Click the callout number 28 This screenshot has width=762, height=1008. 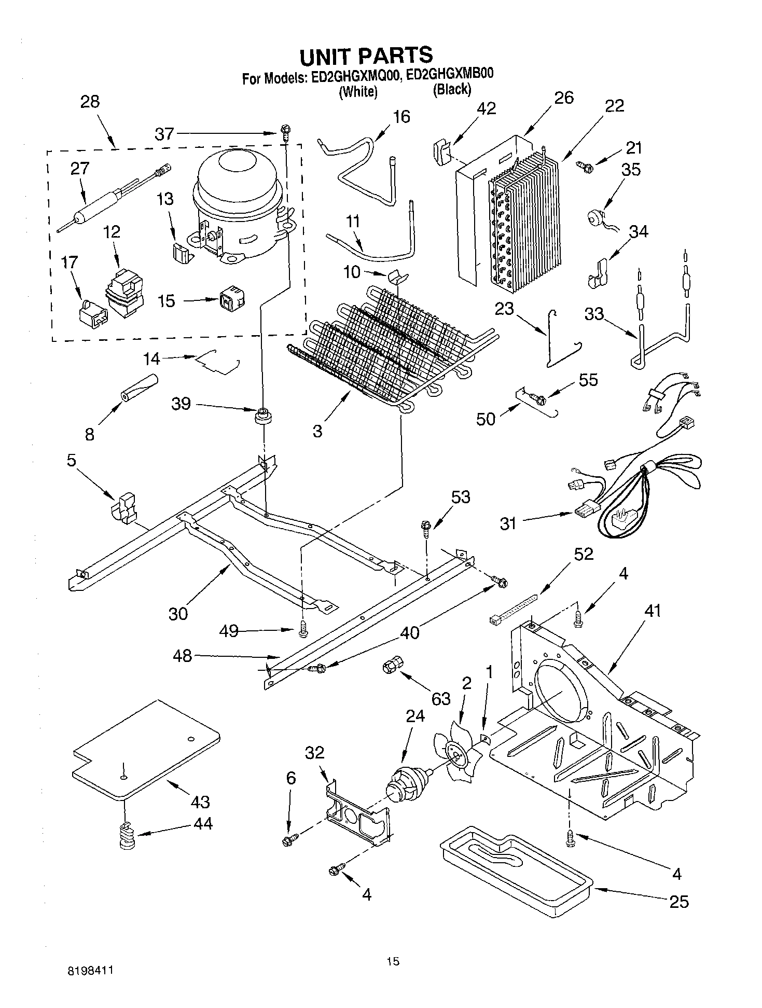[x=90, y=101]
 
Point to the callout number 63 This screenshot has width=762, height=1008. [x=441, y=699]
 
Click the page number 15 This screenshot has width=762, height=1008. [x=393, y=961]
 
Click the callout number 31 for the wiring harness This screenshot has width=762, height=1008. [x=508, y=523]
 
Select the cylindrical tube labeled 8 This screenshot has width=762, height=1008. [x=138, y=388]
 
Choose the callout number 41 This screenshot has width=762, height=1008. [x=652, y=611]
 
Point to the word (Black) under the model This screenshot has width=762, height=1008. [x=452, y=89]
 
